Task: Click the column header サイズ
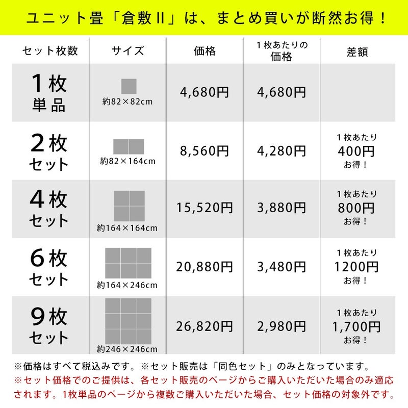click(x=127, y=50)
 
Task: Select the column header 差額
click(x=357, y=52)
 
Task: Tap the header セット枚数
click(x=50, y=50)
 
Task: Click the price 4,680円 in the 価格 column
click(x=205, y=92)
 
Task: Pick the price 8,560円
click(x=205, y=151)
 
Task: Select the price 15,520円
click(x=205, y=208)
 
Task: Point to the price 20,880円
click(x=205, y=267)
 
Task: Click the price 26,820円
click(x=205, y=326)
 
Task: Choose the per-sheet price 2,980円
click(x=282, y=326)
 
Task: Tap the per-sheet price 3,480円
click(x=282, y=267)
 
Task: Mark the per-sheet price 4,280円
click(x=282, y=151)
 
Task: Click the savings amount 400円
click(x=356, y=151)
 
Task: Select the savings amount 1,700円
click(x=356, y=326)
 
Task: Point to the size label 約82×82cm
click(x=127, y=101)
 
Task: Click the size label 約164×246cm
click(x=127, y=285)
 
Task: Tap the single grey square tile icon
click(x=129, y=86)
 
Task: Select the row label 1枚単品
click(x=48, y=93)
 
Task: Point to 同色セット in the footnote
click(x=242, y=366)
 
